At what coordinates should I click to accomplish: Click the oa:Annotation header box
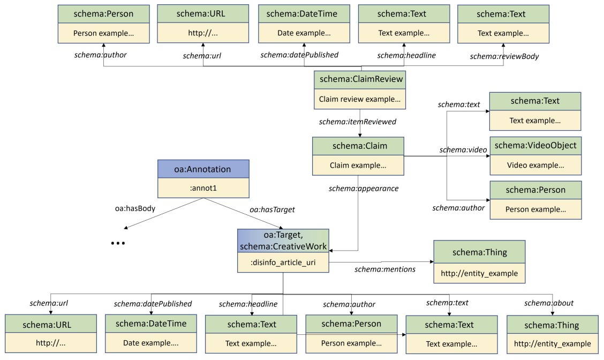pyautogui.click(x=203, y=169)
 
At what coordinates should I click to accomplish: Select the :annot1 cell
pyautogui.click(x=203, y=188)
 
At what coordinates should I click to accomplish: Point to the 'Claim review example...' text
pyautogui.click(x=360, y=99)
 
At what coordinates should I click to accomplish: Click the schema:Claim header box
pyautogui.click(x=358, y=146)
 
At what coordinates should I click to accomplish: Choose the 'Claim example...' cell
pyautogui.click(x=358, y=166)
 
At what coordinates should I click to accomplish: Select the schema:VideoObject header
pyautogui.click(x=535, y=146)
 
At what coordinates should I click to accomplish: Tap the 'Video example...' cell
pyautogui.click(x=535, y=165)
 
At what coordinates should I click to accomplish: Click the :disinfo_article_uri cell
pyautogui.click(x=283, y=262)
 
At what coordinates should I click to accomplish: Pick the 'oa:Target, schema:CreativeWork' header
pyautogui.click(x=283, y=241)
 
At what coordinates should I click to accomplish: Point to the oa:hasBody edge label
pyautogui.click(x=135, y=208)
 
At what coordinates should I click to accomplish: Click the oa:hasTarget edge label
pyautogui.click(x=273, y=209)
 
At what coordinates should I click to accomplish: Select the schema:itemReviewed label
pyautogui.click(x=358, y=122)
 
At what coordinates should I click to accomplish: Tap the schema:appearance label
pyautogui.click(x=364, y=189)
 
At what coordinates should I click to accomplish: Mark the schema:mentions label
pyautogui.click(x=385, y=269)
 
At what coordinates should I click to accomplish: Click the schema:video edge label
pyautogui.click(x=463, y=150)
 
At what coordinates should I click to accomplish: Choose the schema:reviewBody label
pyautogui.click(x=504, y=56)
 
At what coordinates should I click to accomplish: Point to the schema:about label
pyautogui.click(x=549, y=303)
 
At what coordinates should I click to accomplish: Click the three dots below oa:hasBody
pyautogui.click(x=118, y=243)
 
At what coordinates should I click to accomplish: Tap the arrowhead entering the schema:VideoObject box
pyautogui.click(x=488, y=156)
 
